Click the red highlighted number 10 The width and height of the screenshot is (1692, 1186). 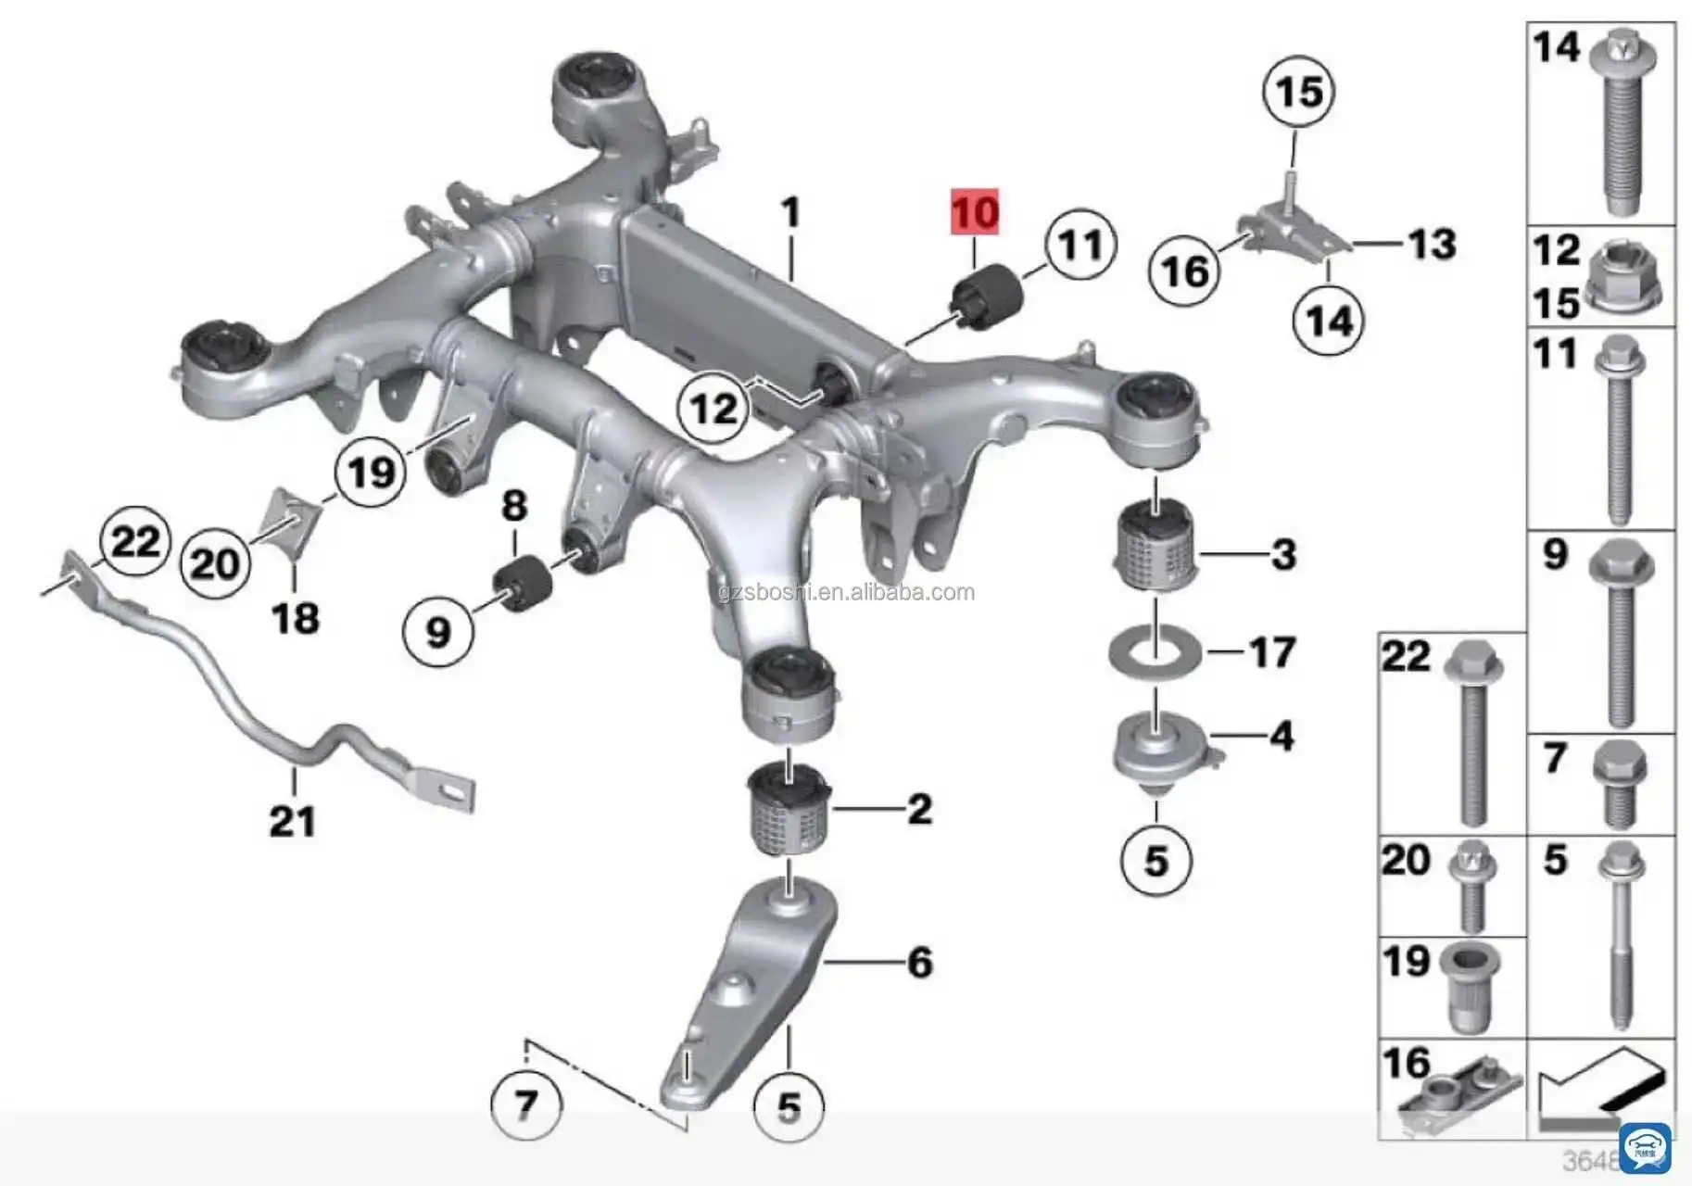pos(975,213)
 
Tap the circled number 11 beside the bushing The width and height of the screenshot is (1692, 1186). pos(1080,245)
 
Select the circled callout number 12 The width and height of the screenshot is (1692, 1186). pos(713,409)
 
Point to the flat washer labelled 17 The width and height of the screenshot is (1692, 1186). pos(1155,652)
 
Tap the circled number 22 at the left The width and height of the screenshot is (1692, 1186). pos(136,541)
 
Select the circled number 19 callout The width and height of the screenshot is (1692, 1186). pos(372,473)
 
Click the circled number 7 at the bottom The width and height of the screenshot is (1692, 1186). pos(526,1104)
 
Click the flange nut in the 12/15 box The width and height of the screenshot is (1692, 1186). pos(1624,278)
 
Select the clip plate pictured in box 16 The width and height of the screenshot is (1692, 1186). pos(1458,1099)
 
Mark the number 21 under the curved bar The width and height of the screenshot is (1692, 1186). pos(293,822)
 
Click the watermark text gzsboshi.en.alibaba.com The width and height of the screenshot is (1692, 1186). pos(846,592)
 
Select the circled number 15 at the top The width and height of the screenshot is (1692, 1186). pos(1299,91)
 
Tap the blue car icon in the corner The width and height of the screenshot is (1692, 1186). pos(1645,1147)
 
